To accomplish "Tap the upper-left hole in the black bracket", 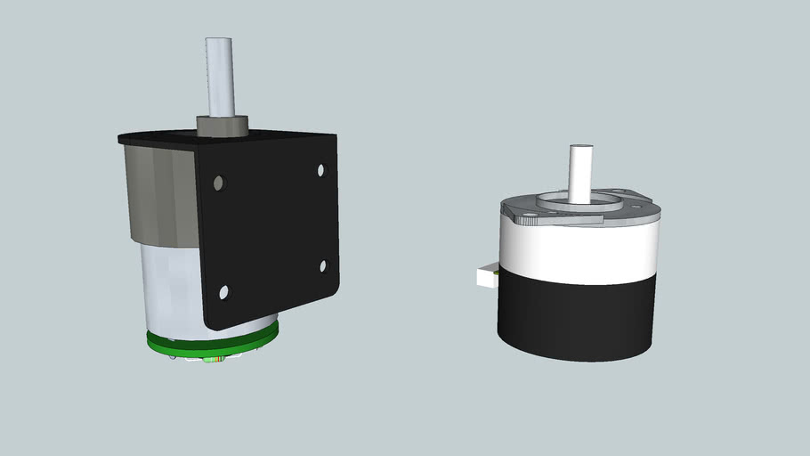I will (x=219, y=183).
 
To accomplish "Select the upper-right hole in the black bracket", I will (x=322, y=169).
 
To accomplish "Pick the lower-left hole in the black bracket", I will (x=224, y=291).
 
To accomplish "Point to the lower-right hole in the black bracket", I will (x=324, y=265).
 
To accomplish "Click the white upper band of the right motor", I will (x=579, y=249).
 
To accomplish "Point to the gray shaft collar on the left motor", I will (x=219, y=126).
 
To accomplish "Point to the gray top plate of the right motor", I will (x=641, y=210).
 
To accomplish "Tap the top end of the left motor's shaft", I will (x=218, y=41).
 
